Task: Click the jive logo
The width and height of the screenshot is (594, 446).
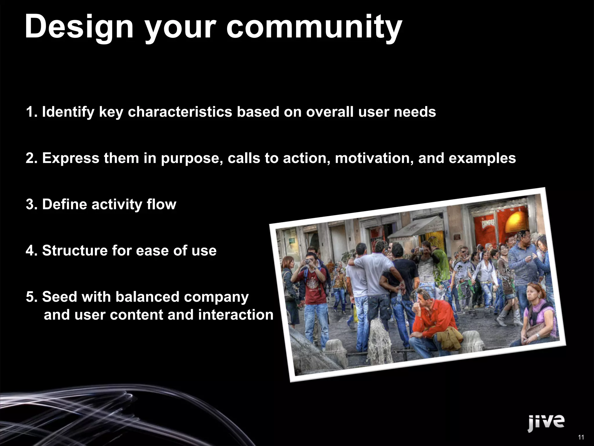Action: (x=546, y=422)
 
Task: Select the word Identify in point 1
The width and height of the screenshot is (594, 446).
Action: (x=68, y=112)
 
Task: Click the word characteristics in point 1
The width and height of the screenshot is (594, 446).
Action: (x=180, y=112)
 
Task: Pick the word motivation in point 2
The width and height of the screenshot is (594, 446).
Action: (x=374, y=159)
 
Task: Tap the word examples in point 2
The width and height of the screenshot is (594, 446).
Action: (x=482, y=159)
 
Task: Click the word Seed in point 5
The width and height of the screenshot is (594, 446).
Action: (x=59, y=297)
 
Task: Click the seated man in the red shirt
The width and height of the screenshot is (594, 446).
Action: (x=432, y=319)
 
